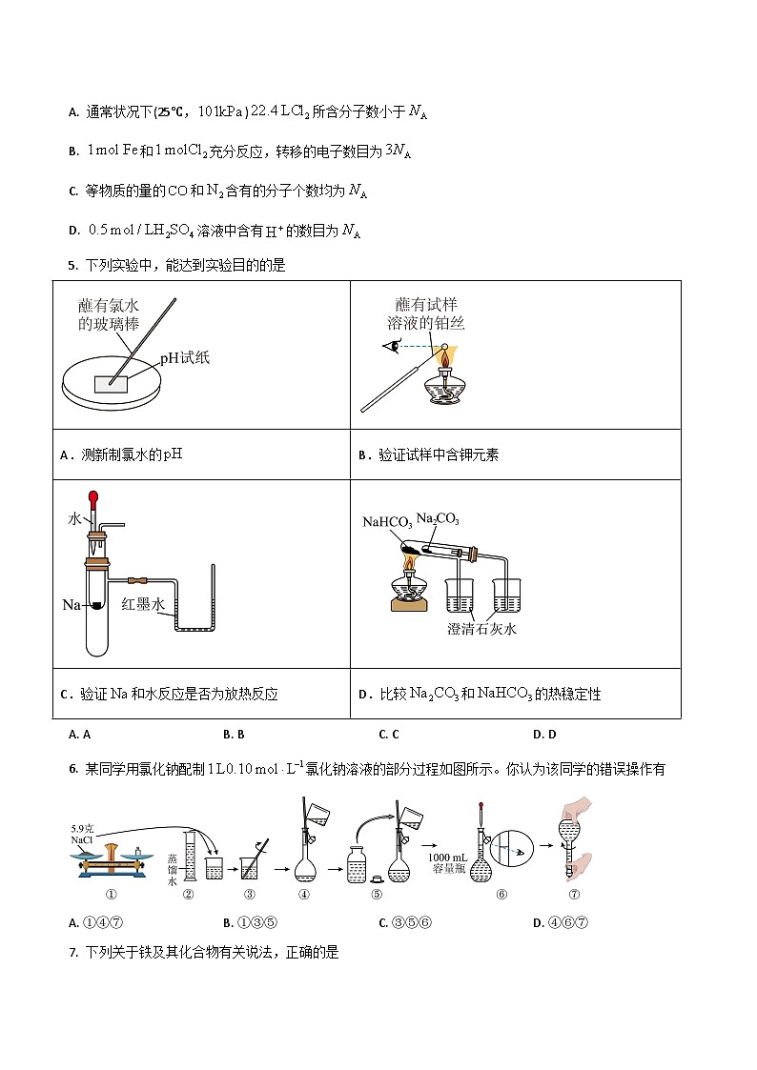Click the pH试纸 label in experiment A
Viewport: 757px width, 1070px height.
click(x=184, y=358)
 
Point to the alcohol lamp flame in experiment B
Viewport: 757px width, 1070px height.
click(x=442, y=359)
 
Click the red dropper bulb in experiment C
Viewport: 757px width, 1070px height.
click(x=93, y=497)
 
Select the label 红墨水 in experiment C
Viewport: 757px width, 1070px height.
click(x=144, y=604)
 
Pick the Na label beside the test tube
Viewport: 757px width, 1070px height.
click(x=72, y=604)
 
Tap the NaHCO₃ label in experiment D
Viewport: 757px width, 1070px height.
click(x=387, y=522)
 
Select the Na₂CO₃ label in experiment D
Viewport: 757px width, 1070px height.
click(x=438, y=519)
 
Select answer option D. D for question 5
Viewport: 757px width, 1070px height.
click(x=544, y=734)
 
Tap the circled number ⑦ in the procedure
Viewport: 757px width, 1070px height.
click(x=574, y=894)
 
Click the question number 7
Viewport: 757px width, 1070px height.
click(x=72, y=951)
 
